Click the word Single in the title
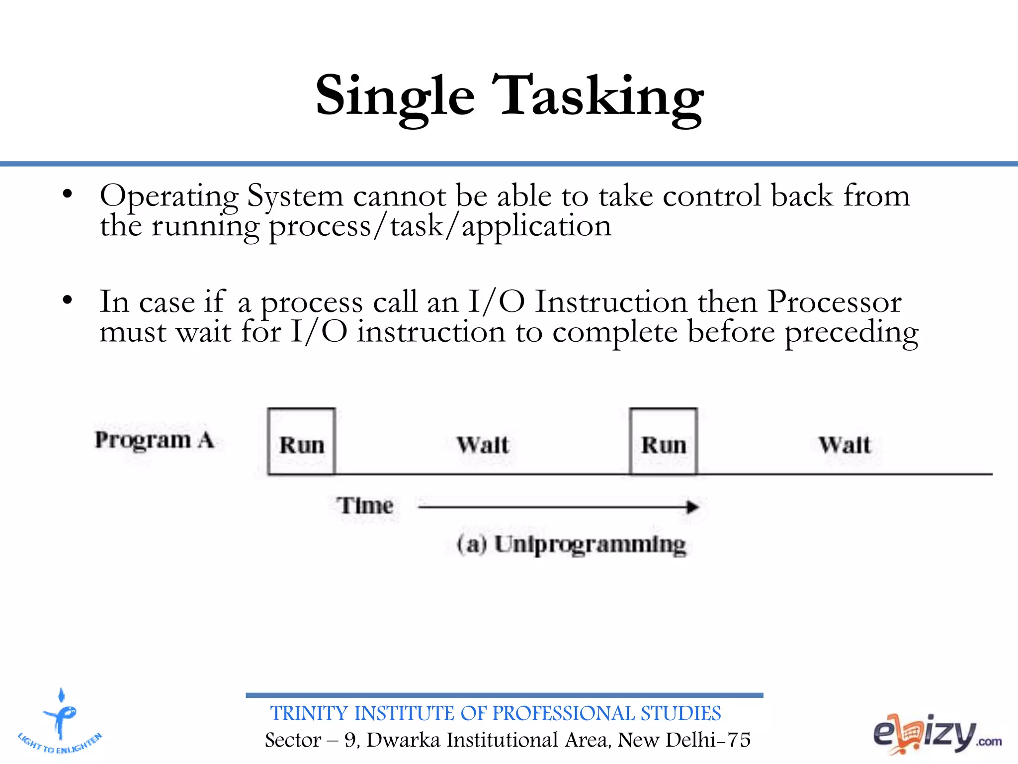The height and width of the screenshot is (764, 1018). point(395,97)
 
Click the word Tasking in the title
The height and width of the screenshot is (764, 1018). point(598,97)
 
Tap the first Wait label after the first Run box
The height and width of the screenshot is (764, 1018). point(483,445)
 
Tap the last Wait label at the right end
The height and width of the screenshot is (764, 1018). point(845,445)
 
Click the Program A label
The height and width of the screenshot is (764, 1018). point(155,440)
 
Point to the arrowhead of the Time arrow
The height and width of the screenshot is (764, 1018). point(693,507)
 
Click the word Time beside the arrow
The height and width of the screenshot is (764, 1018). point(365,506)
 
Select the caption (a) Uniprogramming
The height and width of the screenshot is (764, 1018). point(572,544)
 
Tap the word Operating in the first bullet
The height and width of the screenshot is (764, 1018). point(169,196)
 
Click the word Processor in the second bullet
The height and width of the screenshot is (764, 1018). point(834,302)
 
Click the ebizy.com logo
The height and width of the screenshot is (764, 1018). point(936,734)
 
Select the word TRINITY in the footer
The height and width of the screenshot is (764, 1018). point(309,714)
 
